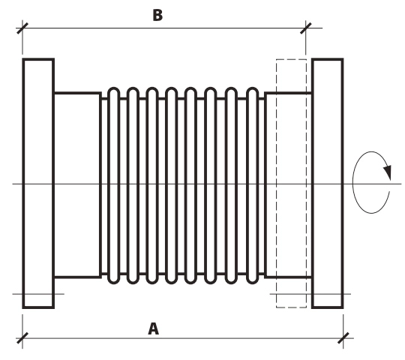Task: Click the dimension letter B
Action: tap(157, 15)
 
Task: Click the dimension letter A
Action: tap(154, 328)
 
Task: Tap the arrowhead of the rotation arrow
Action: tap(388, 172)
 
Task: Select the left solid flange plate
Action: tap(38, 183)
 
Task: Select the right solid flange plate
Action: tap(328, 183)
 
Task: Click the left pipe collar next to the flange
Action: tap(77, 185)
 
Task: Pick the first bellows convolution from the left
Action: tap(114, 185)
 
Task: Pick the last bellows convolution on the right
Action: tap(252, 185)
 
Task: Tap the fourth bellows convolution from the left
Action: tap(171, 185)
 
